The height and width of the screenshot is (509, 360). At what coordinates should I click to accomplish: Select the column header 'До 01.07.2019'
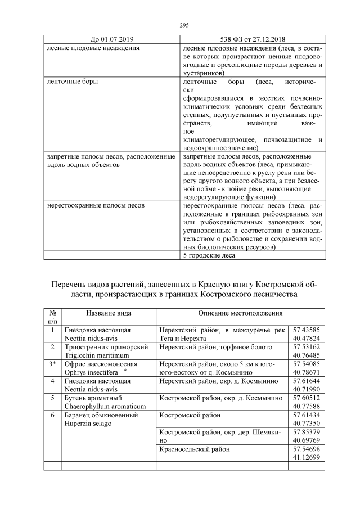point(112,40)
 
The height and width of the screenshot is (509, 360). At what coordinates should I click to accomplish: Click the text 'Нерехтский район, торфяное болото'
point(217,348)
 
